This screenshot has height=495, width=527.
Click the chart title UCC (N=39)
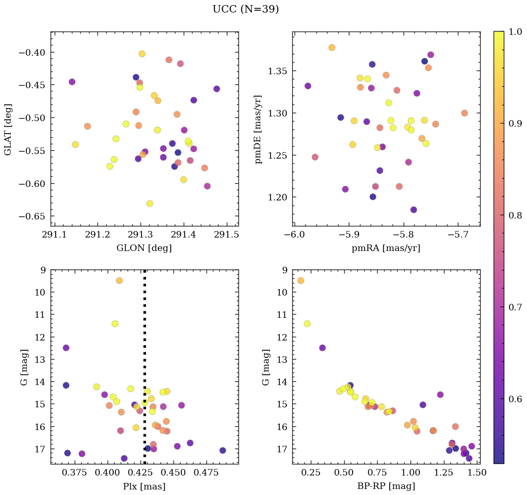[x=245, y=9]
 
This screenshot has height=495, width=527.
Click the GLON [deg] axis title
[x=144, y=248]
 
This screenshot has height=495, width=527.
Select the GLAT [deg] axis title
[x=8, y=129]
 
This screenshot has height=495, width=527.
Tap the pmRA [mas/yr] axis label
[x=386, y=248]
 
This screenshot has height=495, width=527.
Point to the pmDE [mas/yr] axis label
[x=258, y=129]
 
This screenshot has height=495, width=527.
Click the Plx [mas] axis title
[x=144, y=486]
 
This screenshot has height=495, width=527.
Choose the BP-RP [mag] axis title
[x=386, y=486]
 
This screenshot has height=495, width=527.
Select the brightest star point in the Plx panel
[x=119, y=281]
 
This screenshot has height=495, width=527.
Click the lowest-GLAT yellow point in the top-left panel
[x=149, y=204]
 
